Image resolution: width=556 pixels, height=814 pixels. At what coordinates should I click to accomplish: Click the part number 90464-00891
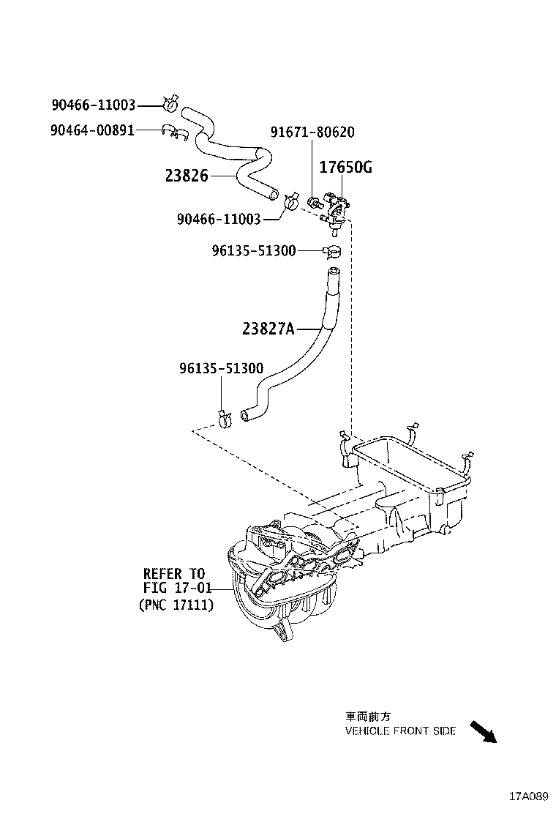(93, 130)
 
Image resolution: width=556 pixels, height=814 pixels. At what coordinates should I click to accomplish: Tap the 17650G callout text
(345, 168)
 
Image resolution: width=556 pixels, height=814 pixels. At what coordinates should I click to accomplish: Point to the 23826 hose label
(187, 176)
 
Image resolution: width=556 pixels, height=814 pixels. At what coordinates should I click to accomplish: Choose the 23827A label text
(268, 329)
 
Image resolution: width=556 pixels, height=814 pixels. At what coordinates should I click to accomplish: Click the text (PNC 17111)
(176, 605)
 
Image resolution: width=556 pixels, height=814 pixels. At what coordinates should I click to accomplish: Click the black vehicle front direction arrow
(483, 731)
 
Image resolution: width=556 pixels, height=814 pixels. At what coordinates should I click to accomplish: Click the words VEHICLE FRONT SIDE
(401, 731)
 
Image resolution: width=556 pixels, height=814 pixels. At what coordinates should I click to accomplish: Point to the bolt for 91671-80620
(312, 202)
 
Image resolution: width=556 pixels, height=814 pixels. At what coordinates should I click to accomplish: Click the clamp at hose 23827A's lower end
(225, 418)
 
